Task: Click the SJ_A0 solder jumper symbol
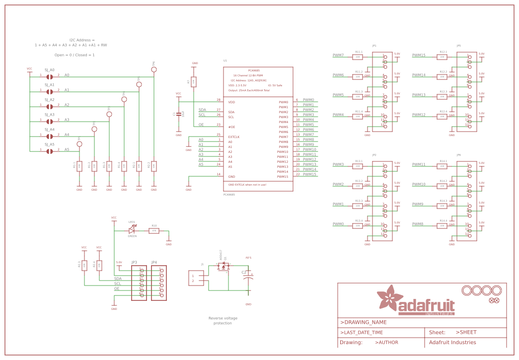(x=49, y=76)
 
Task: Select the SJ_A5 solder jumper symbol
(x=49, y=151)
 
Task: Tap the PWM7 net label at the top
(x=338, y=55)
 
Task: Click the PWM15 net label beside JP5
(x=419, y=55)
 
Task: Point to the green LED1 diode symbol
(x=132, y=230)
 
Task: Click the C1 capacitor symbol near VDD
(x=179, y=114)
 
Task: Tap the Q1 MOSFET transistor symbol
(x=222, y=267)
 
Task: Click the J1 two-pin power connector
(x=195, y=279)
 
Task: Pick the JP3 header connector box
(x=139, y=283)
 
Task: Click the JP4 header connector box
(x=158, y=283)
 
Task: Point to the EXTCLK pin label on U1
(x=234, y=137)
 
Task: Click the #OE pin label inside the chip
(x=231, y=127)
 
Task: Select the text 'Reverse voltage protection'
(x=222, y=320)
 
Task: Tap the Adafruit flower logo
(x=389, y=299)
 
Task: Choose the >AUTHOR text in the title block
(x=386, y=342)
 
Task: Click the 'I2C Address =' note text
(x=82, y=40)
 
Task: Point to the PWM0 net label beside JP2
(x=338, y=224)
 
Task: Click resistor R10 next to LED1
(x=154, y=230)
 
